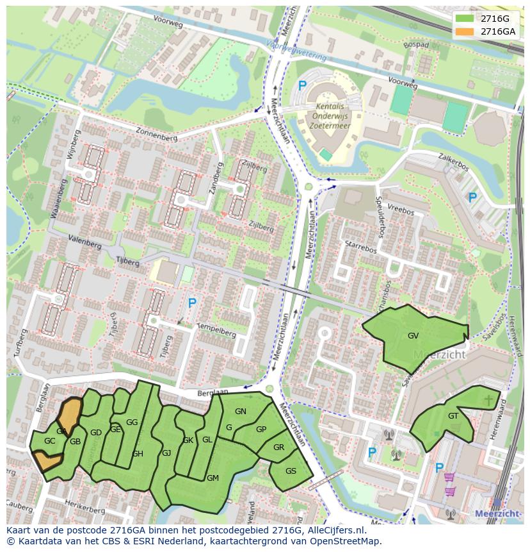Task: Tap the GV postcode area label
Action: click(x=413, y=336)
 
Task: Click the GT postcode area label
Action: click(x=453, y=416)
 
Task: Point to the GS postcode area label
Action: click(x=291, y=471)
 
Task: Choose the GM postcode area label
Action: click(x=213, y=478)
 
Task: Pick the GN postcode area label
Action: click(x=241, y=412)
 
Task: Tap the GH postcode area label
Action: click(x=138, y=454)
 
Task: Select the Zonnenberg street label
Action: click(x=155, y=131)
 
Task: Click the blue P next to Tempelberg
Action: click(x=191, y=303)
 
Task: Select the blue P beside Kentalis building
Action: click(x=303, y=85)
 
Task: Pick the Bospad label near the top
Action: click(x=416, y=46)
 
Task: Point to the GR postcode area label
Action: click(x=278, y=447)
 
